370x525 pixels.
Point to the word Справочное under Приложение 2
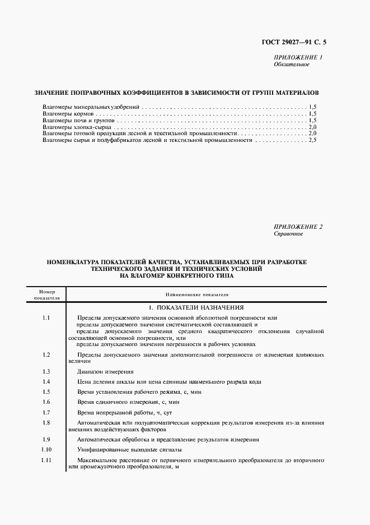click(288, 233)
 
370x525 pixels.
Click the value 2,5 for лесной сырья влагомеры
click(312, 140)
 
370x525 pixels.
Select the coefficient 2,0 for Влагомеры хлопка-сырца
click(312, 127)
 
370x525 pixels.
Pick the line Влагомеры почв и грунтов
click(78, 120)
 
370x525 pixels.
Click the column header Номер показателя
click(46, 294)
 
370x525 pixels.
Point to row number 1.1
click(46, 318)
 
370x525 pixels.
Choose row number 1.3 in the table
click(46, 372)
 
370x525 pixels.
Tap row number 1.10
click(46, 450)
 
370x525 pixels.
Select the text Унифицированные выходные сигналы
click(129, 450)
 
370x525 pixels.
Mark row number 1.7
click(46, 412)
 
